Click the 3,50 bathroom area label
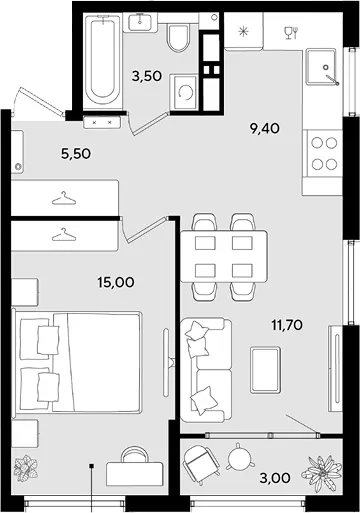[147, 76]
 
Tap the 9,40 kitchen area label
[265, 128]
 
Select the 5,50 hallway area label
[76, 154]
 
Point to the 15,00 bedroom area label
[116, 282]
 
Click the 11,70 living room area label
[287, 325]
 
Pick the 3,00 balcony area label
[275, 478]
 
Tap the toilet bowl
[179, 38]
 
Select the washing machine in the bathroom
[184, 92]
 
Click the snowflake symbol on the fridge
[243, 32]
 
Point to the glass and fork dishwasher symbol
[291, 33]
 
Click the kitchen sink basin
[322, 67]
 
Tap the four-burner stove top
[324, 153]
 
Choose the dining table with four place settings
[224, 256]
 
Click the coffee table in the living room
[265, 370]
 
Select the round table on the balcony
[238, 458]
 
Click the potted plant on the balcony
[321, 473]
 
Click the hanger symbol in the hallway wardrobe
[64, 198]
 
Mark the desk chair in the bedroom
[135, 454]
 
